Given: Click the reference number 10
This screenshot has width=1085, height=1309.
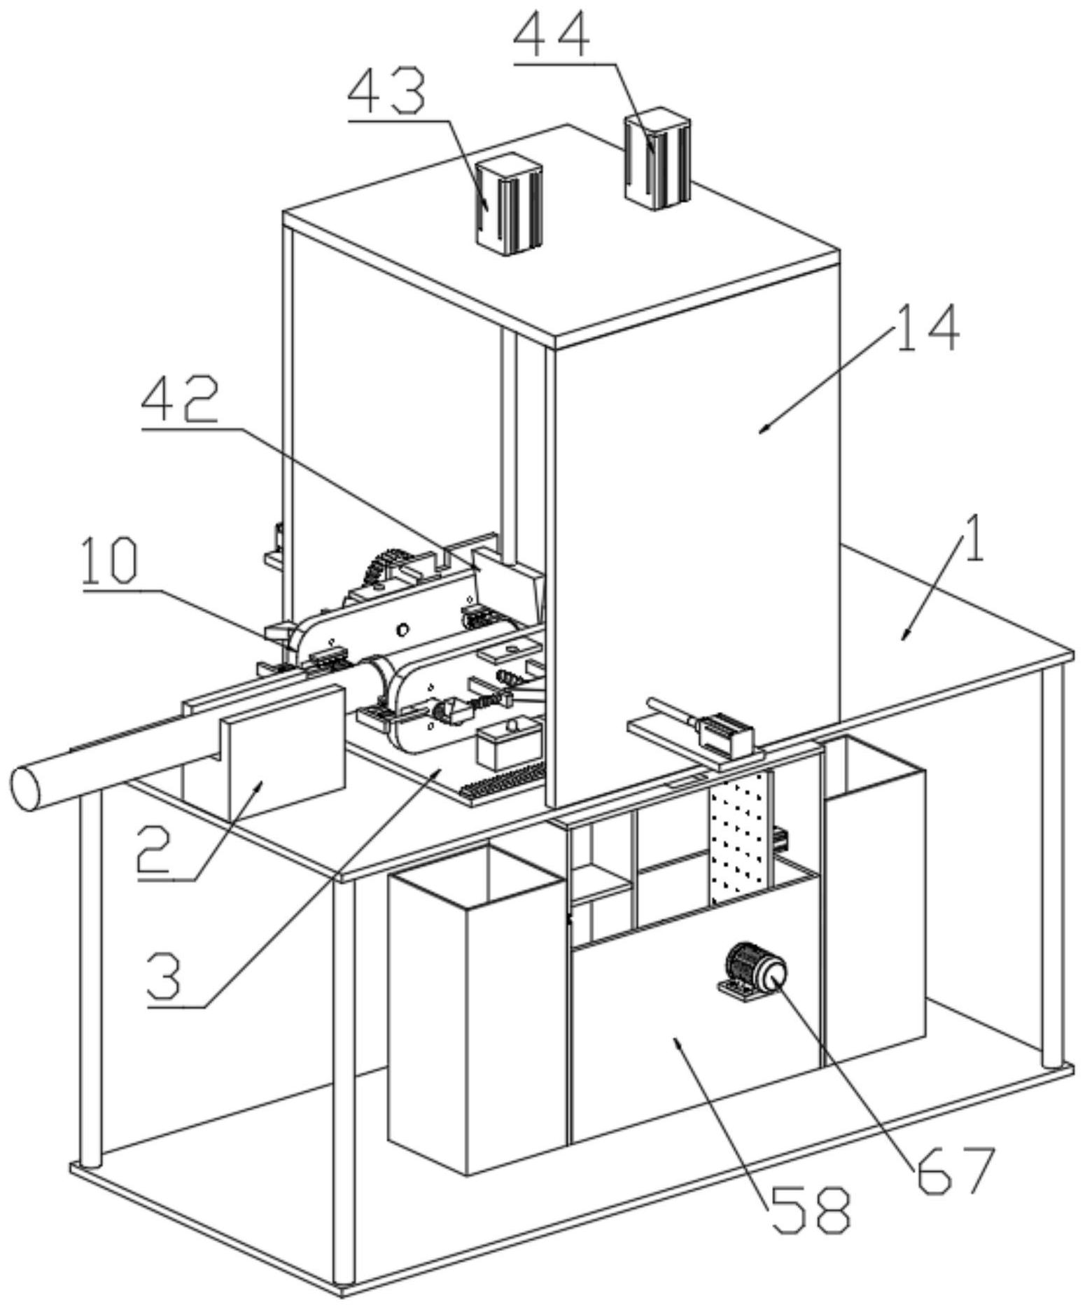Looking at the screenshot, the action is coord(110,560).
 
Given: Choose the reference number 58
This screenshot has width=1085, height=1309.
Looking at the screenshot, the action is coord(811,1210).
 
